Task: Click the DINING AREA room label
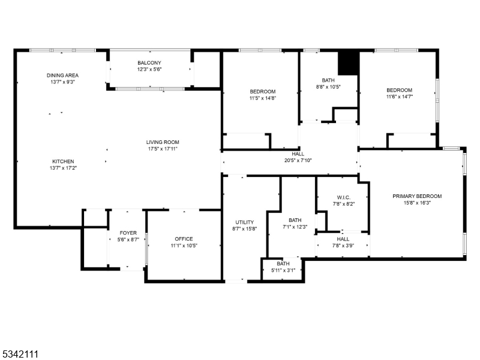[63, 76]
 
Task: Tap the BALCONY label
[149, 63]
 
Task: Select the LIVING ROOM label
[163, 142]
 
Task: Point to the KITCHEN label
[63, 161]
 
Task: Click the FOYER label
[128, 233]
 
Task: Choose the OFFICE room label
[184, 239]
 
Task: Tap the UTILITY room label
[244, 222]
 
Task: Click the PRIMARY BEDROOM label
[417, 196]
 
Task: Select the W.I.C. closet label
[343, 197]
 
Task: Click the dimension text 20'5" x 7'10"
[298, 160]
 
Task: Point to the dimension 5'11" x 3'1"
[283, 270]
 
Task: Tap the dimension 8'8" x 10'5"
[328, 86]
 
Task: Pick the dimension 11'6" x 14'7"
[399, 96]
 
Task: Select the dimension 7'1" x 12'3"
[295, 226]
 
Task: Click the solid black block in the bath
[347, 62]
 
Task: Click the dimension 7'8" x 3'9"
[343, 245]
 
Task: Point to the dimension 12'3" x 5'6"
[149, 69]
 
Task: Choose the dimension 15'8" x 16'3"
[417, 203]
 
